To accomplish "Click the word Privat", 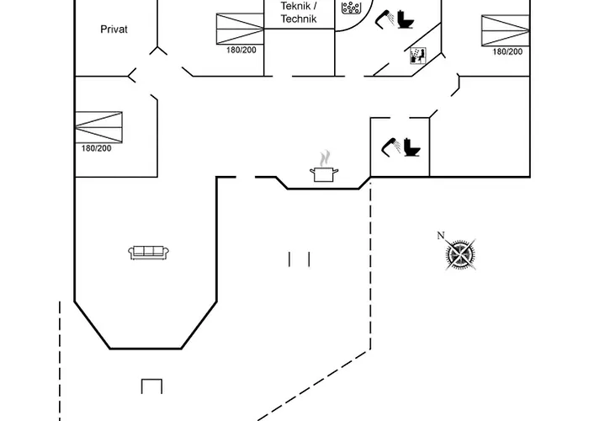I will tap(114, 29).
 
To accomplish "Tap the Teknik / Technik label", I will tap(299, 12).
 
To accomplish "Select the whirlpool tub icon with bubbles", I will tap(351, 8).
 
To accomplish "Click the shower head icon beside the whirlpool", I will tap(387, 18).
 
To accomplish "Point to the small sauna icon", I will tap(417, 56).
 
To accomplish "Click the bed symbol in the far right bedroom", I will tap(506, 29).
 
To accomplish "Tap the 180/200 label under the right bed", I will tap(507, 51).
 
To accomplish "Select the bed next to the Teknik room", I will tap(241, 28).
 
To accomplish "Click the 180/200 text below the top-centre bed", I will tap(241, 51).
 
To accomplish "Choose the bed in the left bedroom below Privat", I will tap(98, 125).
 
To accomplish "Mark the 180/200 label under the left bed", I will tap(96, 148).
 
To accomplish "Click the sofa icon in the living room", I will tap(150, 252).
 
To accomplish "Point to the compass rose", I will tap(461, 255).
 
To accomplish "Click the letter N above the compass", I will tap(440, 236).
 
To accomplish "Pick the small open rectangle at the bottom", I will tap(151, 386).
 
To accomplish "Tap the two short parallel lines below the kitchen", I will tap(299, 259).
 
